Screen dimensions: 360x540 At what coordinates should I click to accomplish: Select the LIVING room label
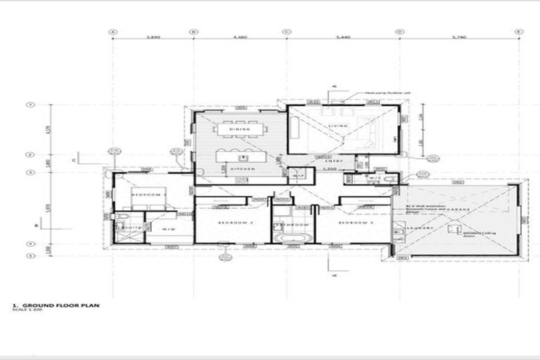339,127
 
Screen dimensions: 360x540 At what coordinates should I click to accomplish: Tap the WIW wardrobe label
169,229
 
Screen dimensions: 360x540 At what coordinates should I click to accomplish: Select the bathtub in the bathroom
290,240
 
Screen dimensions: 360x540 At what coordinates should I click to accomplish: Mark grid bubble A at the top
112,32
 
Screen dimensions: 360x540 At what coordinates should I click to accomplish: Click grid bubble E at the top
518,32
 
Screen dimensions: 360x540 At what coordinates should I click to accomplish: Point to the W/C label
374,179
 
